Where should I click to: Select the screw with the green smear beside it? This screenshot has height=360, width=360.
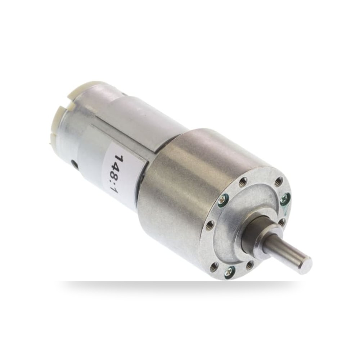point(285,197)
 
